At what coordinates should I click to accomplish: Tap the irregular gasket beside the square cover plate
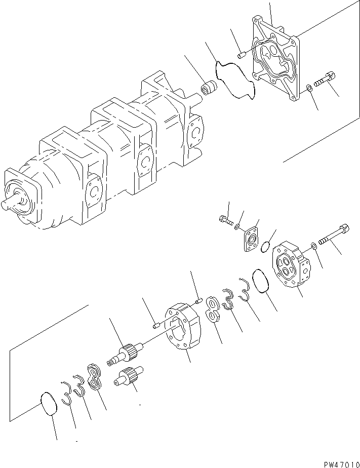234,82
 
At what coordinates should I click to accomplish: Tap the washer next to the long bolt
314,246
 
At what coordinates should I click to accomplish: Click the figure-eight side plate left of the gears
95,378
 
